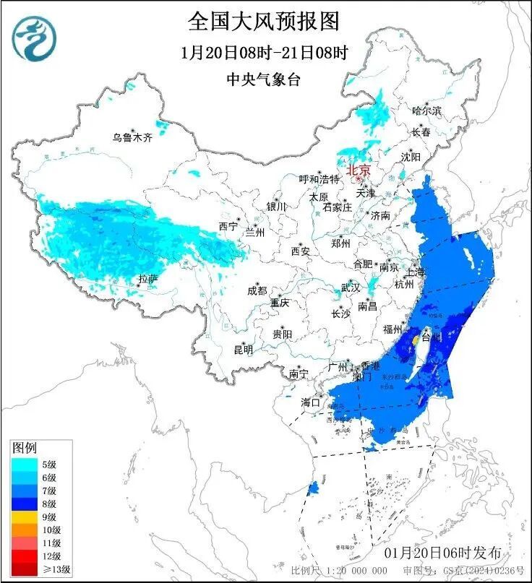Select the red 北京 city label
click(359, 170)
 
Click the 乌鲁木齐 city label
click(132, 137)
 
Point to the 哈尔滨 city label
click(426, 111)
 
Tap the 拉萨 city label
click(147, 279)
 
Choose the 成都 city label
click(257, 290)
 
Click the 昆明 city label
click(243, 350)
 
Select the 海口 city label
click(311, 402)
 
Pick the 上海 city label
click(416, 272)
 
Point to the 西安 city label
click(301, 251)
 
